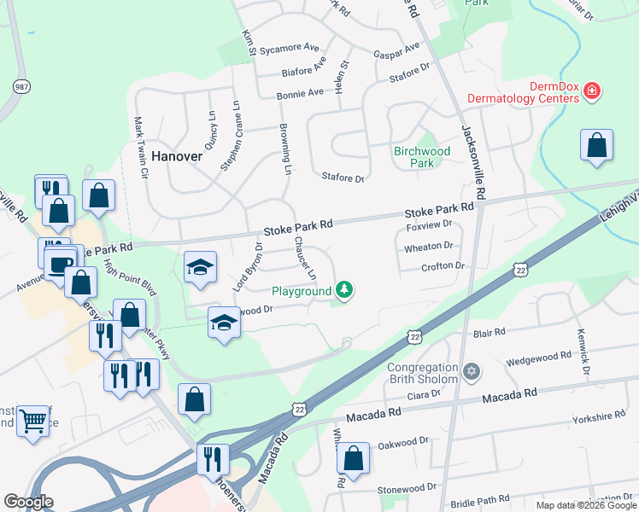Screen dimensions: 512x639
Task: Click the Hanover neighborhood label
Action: (177, 156)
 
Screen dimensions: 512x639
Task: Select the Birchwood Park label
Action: (421, 157)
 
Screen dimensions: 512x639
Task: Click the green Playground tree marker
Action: (344, 291)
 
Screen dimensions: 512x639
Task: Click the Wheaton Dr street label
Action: (429, 247)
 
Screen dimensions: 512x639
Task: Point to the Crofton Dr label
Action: (443, 266)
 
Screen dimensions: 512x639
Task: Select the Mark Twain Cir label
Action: (140, 148)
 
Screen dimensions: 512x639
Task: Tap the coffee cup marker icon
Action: (60, 263)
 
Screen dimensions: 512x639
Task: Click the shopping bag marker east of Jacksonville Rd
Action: (596, 146)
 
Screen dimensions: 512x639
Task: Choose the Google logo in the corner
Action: (28, 502)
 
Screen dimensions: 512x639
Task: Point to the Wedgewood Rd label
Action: (537, 358)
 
